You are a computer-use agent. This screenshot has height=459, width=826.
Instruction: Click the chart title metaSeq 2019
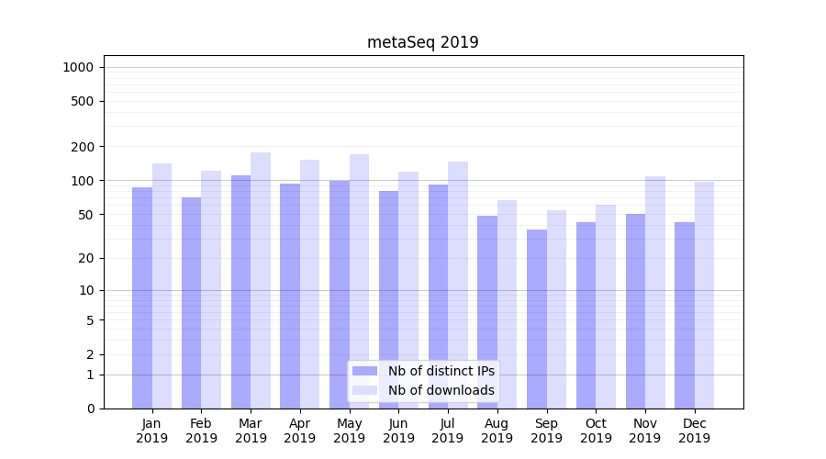pyautogui.click(x=422, y=42)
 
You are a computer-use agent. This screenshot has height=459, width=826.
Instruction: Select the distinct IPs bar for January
pyautogui.click(x=142, y=297)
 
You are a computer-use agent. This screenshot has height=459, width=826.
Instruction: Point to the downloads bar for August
pyautogui.click(x=507, y=304)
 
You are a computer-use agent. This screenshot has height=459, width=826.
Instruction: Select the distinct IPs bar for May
pyautogui.click(x=340, y=294)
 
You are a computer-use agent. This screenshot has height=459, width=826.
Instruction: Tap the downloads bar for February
pyautogui.click(x=211, y=289)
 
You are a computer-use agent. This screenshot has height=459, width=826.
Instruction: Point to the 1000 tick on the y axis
pyautogui.click(x=78, y=67)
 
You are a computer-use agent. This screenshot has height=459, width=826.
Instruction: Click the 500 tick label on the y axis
pyautogui.click(x=84, y=101)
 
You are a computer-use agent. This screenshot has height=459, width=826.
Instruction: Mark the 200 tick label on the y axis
pyautogui.click(x=84, y=147)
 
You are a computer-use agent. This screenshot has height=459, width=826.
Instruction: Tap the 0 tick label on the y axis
pyautogui.click(x=90, y=409)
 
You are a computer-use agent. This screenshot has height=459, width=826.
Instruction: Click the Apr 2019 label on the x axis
pyautogui.click(x=300, y=431)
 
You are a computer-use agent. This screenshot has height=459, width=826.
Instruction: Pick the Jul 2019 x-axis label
pyautogui.click(x=448, y=431)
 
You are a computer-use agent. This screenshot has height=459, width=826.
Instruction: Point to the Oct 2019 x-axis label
pyautogui.click(x=596, y=431)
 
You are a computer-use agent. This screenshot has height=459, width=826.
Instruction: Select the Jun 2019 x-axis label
pyautogui.click(x=398, y=431)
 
